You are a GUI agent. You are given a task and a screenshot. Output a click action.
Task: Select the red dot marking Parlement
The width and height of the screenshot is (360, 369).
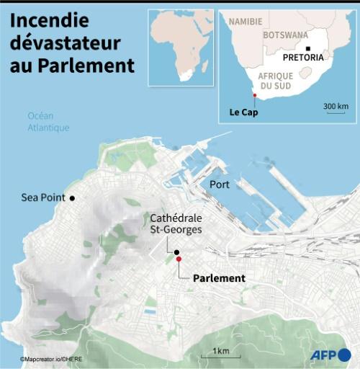coord(179,259)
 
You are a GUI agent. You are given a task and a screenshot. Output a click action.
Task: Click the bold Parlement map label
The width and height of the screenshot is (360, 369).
coord(220,278)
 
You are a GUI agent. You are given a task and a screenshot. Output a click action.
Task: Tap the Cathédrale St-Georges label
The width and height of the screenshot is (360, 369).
coord(176,223)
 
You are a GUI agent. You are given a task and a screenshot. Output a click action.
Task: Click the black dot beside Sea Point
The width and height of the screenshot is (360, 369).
coord(71,197)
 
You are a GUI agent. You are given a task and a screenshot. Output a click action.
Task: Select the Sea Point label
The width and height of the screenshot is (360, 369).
coord(43,197)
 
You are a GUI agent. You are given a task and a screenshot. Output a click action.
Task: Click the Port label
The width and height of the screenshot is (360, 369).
coord(219,184)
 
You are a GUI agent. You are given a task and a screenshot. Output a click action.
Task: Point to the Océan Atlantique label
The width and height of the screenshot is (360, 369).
coord(48,122)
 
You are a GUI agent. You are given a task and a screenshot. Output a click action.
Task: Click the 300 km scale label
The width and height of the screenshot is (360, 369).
coord(336,107)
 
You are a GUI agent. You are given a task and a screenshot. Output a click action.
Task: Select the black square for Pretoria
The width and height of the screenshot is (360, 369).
coord(308,48)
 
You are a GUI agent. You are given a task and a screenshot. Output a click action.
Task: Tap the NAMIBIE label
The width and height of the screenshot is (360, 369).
coord(246,22)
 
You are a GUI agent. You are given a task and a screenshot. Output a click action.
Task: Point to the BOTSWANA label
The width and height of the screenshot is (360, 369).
coord(285,35)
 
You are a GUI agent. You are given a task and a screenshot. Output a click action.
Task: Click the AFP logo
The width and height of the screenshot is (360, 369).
coord(330,355)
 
